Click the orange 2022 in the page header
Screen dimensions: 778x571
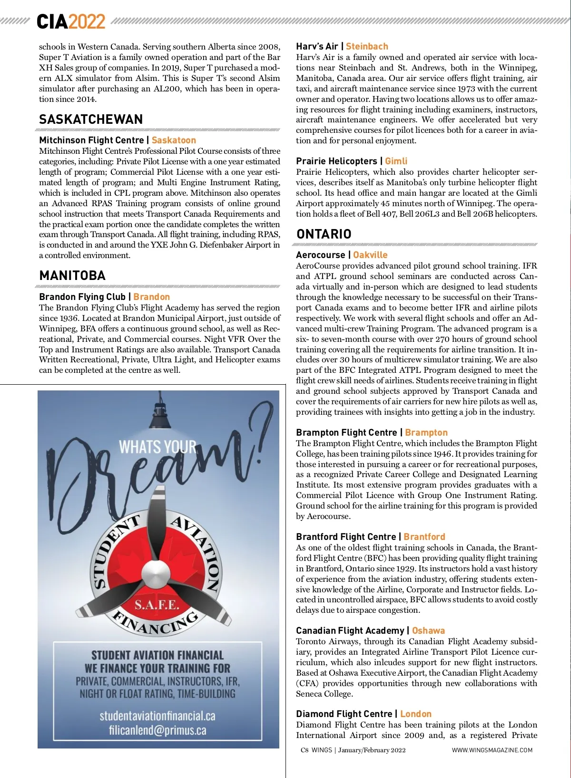tap(87, 22)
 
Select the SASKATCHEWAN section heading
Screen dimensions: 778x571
tap(91, 119)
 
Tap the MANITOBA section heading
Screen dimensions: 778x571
tap(72, 276)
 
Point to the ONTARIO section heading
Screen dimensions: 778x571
tap(324, 234)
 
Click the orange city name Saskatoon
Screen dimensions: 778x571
tap(174, 140)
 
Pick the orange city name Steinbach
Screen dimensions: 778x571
tap(367, 46)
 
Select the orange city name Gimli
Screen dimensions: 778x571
tap(396, 161)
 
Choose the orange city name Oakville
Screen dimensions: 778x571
tap(370, 255)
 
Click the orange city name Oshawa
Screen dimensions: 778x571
tap(428, 631)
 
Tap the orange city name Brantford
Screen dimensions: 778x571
tap(424, 537)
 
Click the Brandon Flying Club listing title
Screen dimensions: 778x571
tap(82, 297)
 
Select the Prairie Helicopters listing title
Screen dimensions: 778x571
tap(336, 161)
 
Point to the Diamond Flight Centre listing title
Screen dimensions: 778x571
tap(344, 714)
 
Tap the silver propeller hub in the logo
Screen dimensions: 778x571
tap(153, 569)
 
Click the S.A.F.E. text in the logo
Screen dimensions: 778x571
tap(157, 605)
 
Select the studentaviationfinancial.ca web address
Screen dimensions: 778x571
tap(158, 716)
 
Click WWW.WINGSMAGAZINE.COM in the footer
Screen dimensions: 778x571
tap(492, 750)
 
